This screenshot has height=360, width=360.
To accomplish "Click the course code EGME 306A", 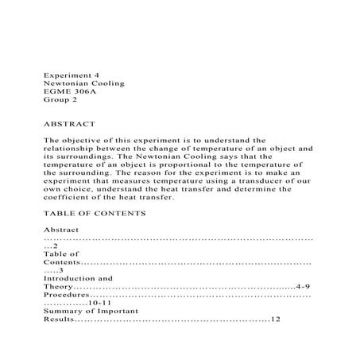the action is click(x=67, y=93).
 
